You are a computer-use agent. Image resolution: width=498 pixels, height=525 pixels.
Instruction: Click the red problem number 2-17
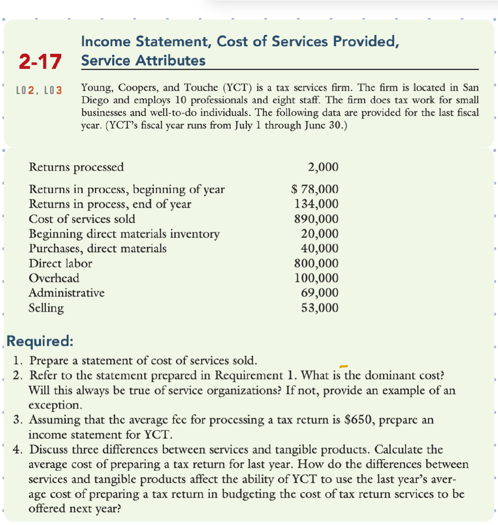[40, 62]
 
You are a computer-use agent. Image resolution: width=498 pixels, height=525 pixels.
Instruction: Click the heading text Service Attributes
[143, 60]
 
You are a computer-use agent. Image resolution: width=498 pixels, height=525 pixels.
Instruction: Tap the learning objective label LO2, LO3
[39, 91]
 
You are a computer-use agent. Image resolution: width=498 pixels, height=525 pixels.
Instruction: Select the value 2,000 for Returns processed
[323, 167]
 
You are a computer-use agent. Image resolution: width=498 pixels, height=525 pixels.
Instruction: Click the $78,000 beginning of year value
[315, 189]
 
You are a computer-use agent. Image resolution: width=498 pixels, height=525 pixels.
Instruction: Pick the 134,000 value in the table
[316, 204]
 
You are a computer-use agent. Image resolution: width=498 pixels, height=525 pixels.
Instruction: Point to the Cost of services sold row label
[82, 219]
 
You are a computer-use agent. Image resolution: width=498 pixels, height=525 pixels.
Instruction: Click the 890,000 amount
[316, 219]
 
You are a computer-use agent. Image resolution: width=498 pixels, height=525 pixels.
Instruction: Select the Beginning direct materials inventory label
[124, 234]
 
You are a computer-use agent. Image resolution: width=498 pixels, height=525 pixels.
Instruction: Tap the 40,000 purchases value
[320, 249]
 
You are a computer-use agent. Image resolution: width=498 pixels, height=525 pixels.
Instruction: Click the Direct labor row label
[60, 264]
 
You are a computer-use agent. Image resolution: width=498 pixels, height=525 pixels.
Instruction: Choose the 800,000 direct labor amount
[316, 264]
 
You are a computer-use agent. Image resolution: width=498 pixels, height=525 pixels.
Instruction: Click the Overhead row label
[54, 278]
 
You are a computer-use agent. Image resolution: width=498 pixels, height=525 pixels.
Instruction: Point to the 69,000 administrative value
[320, 293]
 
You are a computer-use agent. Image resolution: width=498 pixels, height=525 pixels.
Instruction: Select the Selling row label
[46, 308]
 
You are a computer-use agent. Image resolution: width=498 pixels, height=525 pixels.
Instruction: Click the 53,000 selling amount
[320, 308]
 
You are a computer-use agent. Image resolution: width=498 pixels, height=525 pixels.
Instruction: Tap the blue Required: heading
[40, 341]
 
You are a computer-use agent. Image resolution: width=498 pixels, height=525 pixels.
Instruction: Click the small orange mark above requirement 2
[343, 366]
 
